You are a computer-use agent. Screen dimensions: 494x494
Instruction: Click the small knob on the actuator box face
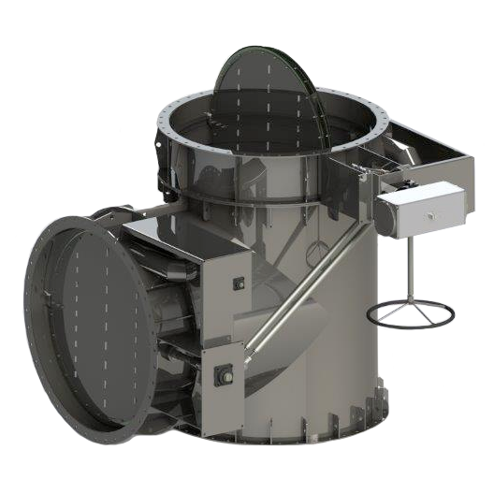(x=428, y=214)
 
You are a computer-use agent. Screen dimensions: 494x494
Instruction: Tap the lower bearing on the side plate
(x=225, y=376)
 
